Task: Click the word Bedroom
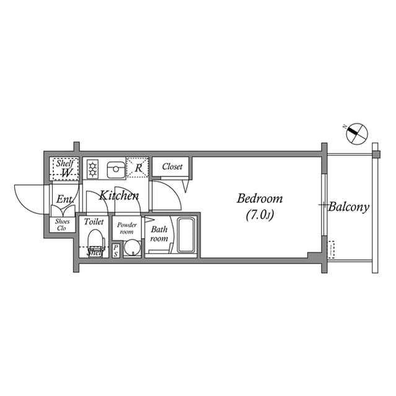[260, 199]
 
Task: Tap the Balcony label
[348, 207]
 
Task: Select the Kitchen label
[120, 196]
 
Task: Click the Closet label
[172, 166]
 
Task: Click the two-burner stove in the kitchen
[93, 168]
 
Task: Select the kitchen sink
[115, 168]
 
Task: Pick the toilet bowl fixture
[95, 240]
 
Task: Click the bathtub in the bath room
[186, 235]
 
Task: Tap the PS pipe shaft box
[115, 251]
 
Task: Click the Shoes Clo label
[63, 224]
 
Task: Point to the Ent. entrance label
[64, 199]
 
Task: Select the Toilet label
[94, 221]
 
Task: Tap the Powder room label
[127, 228]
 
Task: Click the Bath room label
[159, 234]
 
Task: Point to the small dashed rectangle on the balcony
[332, 249]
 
